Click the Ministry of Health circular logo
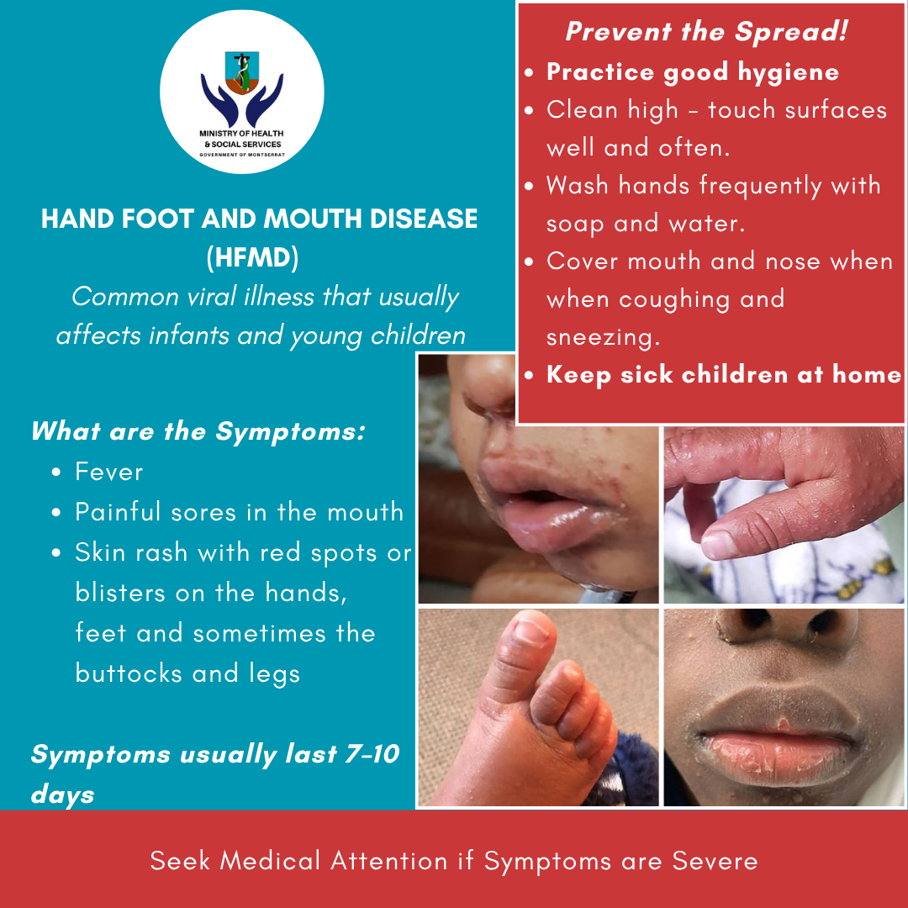[242, 92]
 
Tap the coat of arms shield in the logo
[242, 73]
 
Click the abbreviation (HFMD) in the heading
[253, 258]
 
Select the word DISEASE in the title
[423, 219]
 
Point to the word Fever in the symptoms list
[108, 472]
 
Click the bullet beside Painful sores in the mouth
[56, 513]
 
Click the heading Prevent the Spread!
[707, 31]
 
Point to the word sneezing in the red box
[603, 338]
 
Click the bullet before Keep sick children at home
[529, 375]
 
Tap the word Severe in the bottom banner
[715, 861]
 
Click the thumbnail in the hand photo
[719, 545]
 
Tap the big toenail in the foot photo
[532, 631]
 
